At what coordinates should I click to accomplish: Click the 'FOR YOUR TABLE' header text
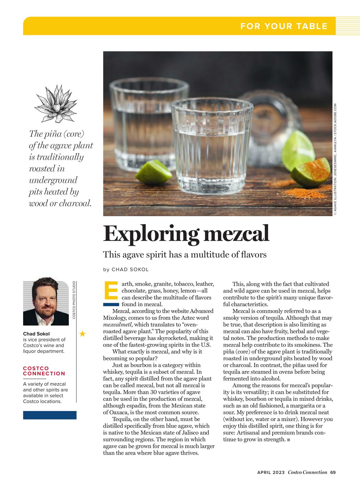coord(284,26)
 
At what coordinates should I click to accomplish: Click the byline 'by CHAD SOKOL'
coord(126,270)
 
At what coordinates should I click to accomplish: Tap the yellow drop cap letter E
coord(111,290)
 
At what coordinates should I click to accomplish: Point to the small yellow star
coord(82,334)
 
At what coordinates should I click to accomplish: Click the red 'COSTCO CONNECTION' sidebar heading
coord(44,371)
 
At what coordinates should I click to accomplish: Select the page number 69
coord(333,472)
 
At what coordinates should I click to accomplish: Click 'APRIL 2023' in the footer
coord(271,472)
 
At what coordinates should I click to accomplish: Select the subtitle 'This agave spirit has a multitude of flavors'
coord(185,255)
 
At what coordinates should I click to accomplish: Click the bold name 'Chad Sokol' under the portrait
coord(36,334)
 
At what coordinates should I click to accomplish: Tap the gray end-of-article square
coord(289,440)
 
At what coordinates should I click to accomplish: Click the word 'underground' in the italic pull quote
coord(53,180)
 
